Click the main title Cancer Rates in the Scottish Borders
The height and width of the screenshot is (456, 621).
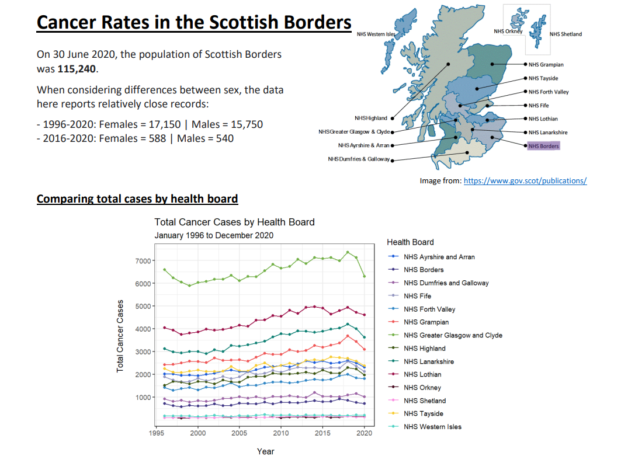click(194, 22)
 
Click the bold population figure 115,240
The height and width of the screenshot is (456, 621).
click(78, 69)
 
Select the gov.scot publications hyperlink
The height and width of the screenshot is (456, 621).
click(525, 181)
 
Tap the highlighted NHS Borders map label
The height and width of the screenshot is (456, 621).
click(543, 146)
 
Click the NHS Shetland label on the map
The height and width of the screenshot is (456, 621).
click(566, 34)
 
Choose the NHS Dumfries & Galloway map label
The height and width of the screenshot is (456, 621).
click(358, 159)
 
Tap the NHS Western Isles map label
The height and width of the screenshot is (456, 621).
click(376, 34)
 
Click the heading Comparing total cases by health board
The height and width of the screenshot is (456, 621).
click(137, 199)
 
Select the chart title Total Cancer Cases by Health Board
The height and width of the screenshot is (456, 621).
click(234, 222)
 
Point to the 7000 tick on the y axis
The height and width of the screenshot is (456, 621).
click(144, 260)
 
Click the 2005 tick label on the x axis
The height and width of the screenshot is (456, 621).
click(240, 434)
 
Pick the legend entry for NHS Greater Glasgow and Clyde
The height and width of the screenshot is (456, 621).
click(453, 335)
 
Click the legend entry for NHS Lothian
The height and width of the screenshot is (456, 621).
click(422, 374)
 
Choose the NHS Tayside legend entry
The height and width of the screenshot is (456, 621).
click(424, 413)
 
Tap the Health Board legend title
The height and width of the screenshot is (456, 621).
click(410, 242)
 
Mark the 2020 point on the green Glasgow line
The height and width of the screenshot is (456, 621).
click(365, 276)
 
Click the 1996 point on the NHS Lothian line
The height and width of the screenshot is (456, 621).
click(165, 328)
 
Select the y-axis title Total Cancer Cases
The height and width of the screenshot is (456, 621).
click(120, 336)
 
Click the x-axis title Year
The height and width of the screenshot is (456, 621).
click(265, 451)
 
